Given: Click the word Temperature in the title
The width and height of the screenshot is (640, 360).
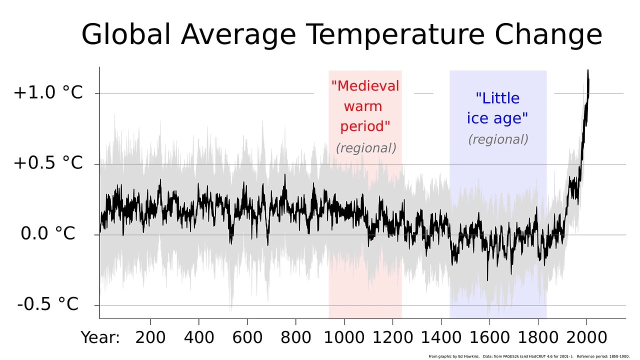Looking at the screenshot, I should point(395,35).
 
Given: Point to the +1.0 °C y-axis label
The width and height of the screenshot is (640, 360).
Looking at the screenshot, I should point(48,93).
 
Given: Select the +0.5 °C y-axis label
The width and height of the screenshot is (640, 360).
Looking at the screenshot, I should point(48,163).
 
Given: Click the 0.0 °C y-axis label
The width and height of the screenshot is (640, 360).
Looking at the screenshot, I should point(48,233).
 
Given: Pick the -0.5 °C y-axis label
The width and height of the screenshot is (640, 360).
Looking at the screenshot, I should point(48,304).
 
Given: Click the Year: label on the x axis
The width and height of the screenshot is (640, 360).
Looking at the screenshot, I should point(100,337).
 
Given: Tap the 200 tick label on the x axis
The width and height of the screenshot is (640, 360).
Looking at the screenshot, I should point(150,337).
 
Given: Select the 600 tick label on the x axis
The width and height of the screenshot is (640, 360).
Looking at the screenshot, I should point(247,337).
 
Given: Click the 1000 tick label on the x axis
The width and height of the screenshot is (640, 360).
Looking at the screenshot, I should point(344,337).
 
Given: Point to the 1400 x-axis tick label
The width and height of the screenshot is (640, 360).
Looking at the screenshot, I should point(441,337).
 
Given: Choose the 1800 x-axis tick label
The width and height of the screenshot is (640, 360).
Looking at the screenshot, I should point(538,337).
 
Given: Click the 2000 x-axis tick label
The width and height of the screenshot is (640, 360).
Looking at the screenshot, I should point(586,337).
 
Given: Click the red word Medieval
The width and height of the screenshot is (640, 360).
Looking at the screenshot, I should point(365,86).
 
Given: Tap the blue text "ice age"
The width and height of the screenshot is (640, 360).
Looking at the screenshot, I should point(497,118).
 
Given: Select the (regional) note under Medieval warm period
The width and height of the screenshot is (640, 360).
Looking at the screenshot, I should point(366,148).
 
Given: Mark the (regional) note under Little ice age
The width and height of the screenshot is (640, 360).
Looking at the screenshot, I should point(498,139).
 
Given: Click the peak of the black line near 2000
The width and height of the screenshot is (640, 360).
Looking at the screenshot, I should point(588,71).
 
